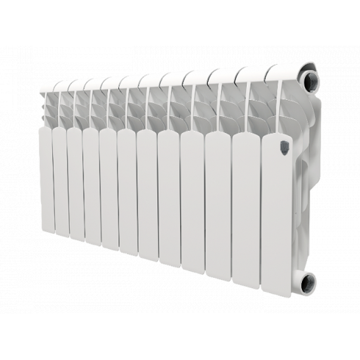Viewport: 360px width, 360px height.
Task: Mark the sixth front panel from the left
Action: click(126, 195)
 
